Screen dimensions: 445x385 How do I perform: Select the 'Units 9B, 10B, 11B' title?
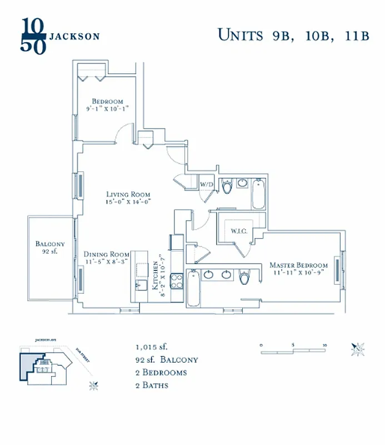click(293, 34)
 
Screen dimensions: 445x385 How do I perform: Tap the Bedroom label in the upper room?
click(107, 101)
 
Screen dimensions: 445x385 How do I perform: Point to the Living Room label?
click(129, 195)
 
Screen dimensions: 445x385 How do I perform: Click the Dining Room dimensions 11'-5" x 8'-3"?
click(107, 261)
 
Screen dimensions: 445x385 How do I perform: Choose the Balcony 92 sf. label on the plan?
click(50, 247)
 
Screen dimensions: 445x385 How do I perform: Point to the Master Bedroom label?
click(298, 265)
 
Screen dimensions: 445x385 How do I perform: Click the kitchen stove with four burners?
click(177, 281)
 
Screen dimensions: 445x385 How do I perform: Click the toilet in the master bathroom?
click(244, 277)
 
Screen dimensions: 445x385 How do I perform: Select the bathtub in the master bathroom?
click(193, 288)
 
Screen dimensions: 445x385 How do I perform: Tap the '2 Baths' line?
click(152, 385)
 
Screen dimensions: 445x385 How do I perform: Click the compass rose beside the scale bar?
click(357, 349)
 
